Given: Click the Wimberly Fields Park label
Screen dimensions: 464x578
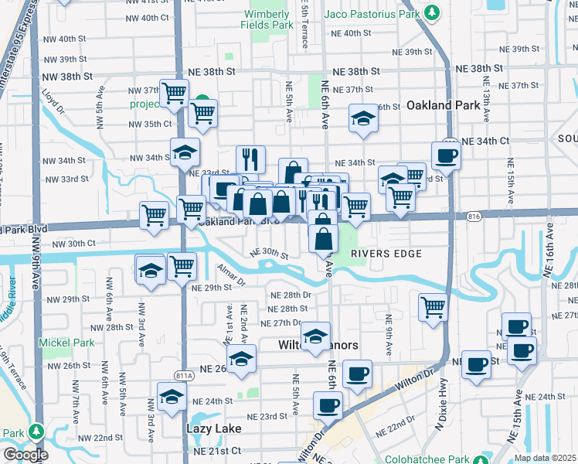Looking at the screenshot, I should point(269,19).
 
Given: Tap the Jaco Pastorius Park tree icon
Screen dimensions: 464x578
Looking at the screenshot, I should point(433,13).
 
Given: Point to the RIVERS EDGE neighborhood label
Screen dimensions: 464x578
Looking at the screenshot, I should point(386,254).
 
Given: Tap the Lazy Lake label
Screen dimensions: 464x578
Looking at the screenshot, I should point(213,428).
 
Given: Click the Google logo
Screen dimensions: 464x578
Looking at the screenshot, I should point(25,455).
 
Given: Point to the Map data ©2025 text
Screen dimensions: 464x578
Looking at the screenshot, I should point(544,457).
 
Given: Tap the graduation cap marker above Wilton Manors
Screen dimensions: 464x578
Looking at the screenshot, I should point(315,336).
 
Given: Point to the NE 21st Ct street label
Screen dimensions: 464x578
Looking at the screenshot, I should point(217,451).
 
